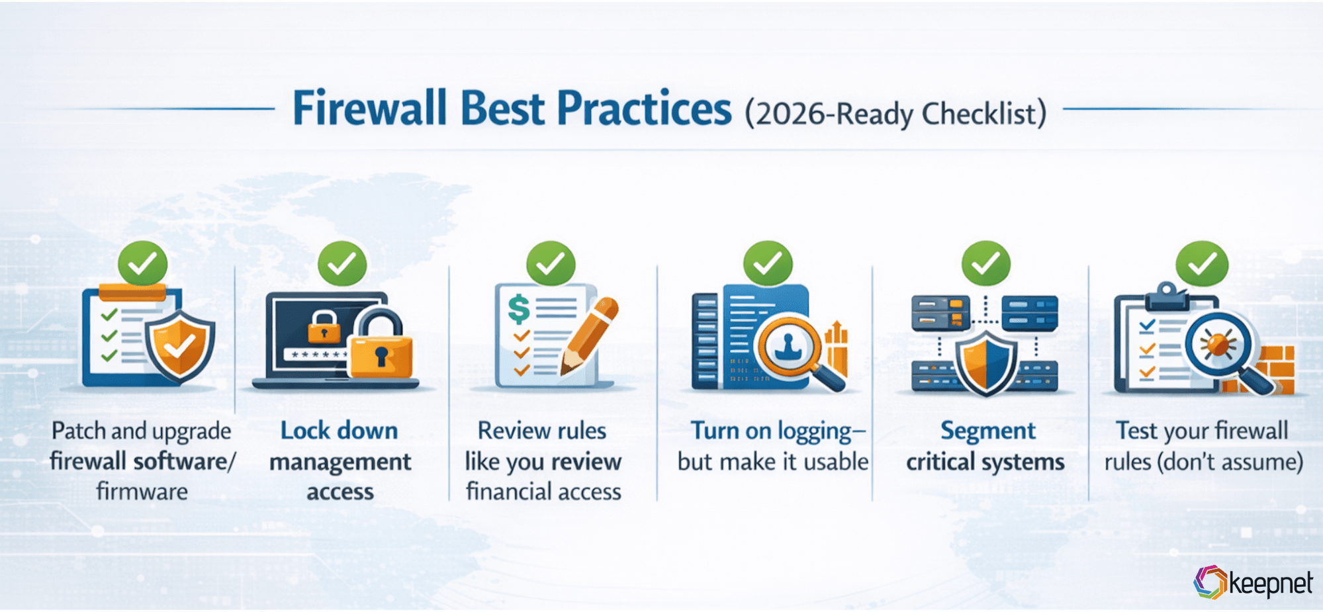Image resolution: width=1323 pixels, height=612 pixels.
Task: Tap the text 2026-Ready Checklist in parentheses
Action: [895, 114]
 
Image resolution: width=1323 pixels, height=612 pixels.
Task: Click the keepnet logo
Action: [1252, 583]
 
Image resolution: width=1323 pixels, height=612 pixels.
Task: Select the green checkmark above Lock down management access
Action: [342, 264]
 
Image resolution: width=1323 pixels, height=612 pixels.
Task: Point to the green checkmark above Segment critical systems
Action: [985, 264]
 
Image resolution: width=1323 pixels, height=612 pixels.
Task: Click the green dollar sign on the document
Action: [518, 308]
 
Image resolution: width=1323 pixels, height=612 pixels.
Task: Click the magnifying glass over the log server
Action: [790, 344]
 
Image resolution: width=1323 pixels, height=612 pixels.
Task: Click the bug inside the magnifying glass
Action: [1216, 345]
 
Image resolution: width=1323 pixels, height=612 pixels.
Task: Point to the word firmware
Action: [142, 492]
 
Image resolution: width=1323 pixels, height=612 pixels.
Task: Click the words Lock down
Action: [339, 431]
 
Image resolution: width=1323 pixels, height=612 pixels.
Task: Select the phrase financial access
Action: [543, 492]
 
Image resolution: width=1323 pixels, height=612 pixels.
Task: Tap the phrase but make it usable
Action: [772, 461]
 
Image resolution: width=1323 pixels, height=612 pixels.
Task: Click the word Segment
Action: [987, 431]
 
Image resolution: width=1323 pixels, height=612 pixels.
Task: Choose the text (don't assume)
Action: [1230, 461]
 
